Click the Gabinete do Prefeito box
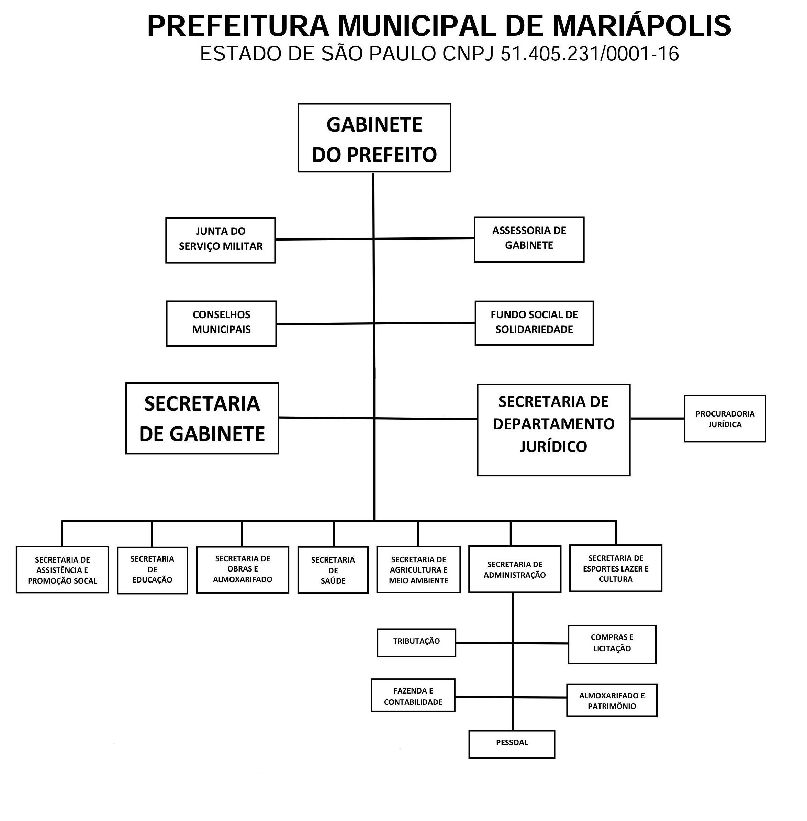pos(374,138)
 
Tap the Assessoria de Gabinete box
pos(529,240)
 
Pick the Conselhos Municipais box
pos(221,324)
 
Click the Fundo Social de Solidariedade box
pos(534,323)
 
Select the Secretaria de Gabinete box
pos(202,419)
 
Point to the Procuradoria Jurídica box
pos(725,419)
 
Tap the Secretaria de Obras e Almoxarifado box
pos(243,569)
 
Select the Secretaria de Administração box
pos(515,569)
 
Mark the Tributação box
pos(416,642)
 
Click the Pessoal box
pos(512,744)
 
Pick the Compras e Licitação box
pos(612,644)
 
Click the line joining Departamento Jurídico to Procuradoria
pos(657,419)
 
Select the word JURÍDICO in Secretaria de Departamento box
pos(553,446)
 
